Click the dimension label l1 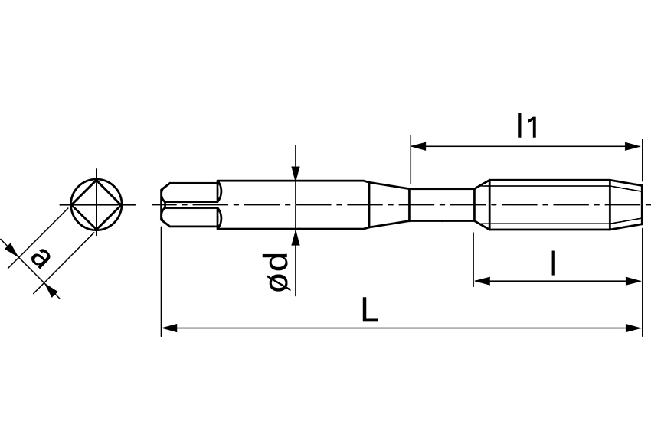[x=527, y=126]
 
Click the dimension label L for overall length [x=370, y=309]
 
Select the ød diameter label [x=279, y=272]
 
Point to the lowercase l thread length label [x=553, y=263]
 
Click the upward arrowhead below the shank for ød [x=296, y=237]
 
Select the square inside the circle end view [x=95, y=204]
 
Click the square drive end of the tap [x=188, y=205]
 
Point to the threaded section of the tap [x=548, y=204]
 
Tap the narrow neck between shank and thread [x=441, y=204]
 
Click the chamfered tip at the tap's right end [x=626, y=204]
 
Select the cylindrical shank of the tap [x=291, y=204]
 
